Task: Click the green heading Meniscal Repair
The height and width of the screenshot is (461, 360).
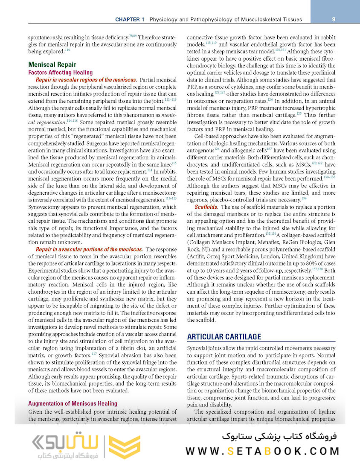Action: pos(52,65)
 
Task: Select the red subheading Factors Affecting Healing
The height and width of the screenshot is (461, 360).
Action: pos(60,73)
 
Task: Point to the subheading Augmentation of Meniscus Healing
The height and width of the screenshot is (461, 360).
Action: pos(72,403)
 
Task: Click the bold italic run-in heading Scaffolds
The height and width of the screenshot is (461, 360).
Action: pos(206,207)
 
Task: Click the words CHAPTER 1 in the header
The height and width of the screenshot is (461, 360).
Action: pos(130,20)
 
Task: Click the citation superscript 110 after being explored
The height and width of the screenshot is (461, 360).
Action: pos(67,50)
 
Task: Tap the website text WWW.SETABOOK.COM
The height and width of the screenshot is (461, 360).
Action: pos(263,451)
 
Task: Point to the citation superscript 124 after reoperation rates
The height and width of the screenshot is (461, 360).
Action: pos(270,100)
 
